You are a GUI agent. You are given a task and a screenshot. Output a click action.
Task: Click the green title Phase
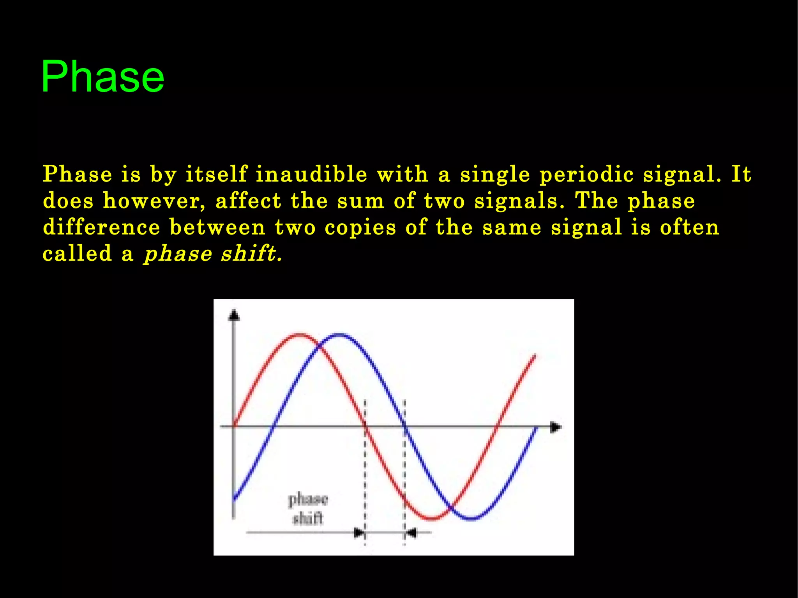point(102,77)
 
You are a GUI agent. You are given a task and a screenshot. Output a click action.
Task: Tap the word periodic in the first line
point(586,174)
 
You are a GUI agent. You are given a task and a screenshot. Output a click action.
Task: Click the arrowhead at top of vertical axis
point(234,315)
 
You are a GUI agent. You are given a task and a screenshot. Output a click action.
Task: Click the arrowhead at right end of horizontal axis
point(556,427)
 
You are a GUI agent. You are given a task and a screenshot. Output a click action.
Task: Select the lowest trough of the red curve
point(431,519)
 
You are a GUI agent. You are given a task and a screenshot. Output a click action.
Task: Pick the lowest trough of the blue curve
point(471,519)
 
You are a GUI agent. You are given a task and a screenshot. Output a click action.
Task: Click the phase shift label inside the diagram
point(308,509)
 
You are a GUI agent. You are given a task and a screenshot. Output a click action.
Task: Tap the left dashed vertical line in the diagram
point(365,467)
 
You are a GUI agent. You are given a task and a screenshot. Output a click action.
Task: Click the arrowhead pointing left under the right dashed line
point(411,533)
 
